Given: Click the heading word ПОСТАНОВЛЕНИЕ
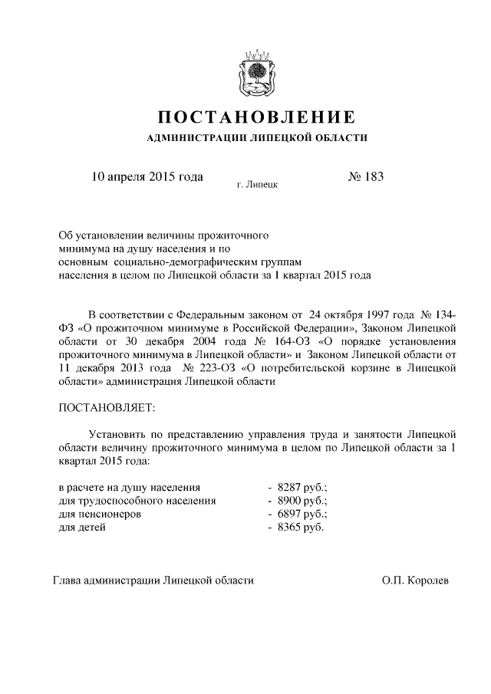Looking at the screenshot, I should (256, 117).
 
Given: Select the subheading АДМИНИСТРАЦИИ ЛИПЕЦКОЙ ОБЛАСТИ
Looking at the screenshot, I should (256, 138).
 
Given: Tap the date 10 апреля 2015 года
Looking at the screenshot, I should (147, 177).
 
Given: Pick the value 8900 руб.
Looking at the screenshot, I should (302, 501).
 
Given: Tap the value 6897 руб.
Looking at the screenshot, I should (302, 515).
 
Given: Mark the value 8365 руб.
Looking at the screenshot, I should (300, 528).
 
